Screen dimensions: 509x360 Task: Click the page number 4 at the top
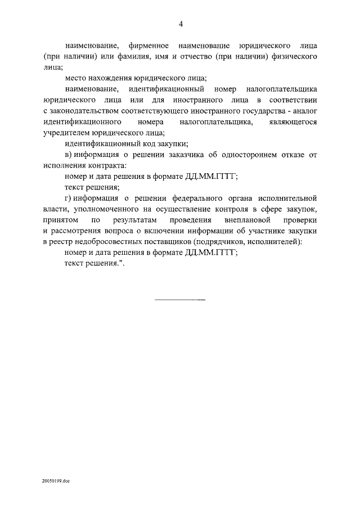click(x=181, y=24)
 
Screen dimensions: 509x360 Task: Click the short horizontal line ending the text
click(x=180, y=299)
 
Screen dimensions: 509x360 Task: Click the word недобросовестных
click(x=115, y=242)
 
